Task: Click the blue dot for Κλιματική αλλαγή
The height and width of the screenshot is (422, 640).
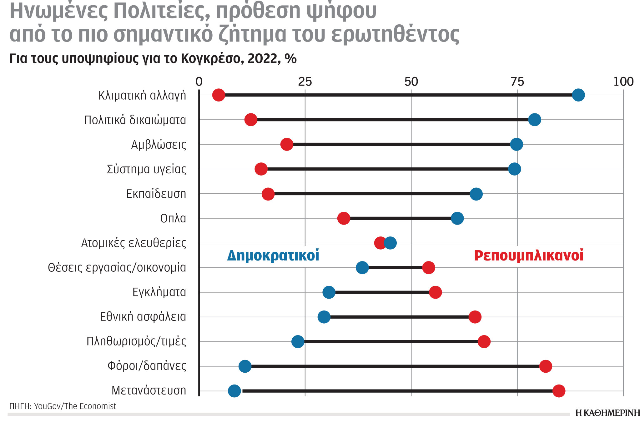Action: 578,95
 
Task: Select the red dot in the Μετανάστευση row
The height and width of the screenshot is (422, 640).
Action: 559,391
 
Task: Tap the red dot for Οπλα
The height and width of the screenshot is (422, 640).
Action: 344,218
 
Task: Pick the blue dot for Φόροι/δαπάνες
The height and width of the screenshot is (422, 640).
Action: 245,366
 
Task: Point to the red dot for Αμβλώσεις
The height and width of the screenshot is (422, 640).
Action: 287,144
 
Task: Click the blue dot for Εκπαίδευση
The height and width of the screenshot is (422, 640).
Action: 476,194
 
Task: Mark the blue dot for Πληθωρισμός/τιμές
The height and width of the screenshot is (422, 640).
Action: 298,341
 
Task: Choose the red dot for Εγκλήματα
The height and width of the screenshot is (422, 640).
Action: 435,292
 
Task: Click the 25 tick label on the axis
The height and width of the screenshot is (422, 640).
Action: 305,82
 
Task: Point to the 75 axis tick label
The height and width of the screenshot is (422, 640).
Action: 517,82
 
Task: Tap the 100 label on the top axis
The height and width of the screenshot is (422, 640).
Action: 623,82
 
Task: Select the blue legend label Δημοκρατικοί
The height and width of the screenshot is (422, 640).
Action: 273,256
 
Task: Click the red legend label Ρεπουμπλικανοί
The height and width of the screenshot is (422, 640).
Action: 529,256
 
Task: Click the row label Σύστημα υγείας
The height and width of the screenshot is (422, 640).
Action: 146,169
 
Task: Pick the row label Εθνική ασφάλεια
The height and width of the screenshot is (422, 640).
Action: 143,317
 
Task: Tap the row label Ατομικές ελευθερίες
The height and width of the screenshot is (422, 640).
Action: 134,243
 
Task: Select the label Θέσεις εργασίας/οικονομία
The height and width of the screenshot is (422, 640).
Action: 117,268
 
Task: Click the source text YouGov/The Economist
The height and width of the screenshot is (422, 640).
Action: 75,406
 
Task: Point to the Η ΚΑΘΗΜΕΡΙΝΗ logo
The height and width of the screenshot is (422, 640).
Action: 607,413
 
